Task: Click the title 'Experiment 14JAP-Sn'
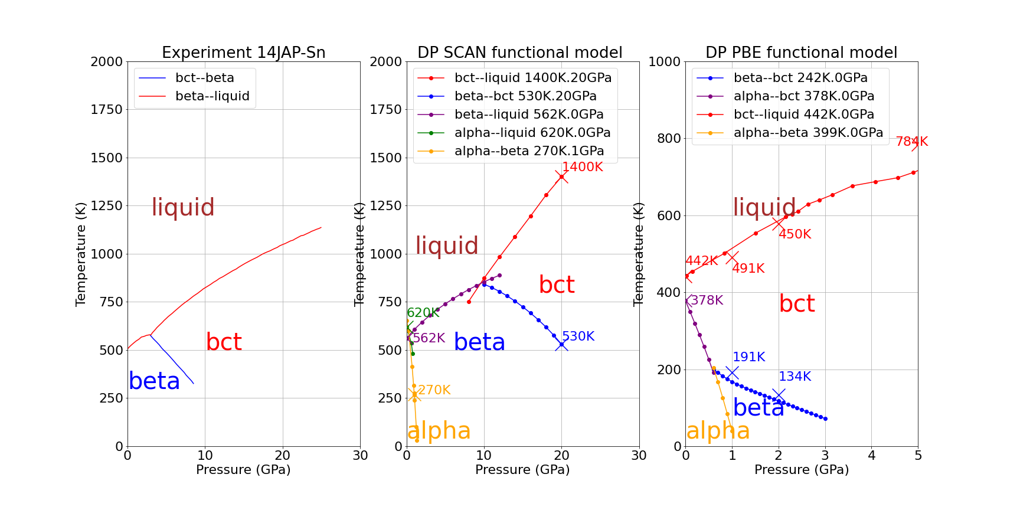click(x=243, y=53)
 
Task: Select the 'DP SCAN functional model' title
click(x=519, y=53)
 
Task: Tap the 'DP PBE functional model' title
click(x=801, y=53)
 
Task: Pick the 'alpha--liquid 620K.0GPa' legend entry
click(x=532, y=133)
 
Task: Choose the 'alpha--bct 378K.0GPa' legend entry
click(x=803, y=96)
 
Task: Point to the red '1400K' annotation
click(x=582, y=167)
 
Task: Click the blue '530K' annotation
click(x=578, y=336)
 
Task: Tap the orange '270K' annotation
click(x=434, y=390)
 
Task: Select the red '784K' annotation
click(x=911, y=142)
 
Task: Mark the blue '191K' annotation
click(x=748, y=357)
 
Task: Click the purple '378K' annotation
click(x=707, y=300)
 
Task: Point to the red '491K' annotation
click(x=748, y=269)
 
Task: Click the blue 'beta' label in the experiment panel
click(x=154, y=381)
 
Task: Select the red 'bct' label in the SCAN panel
click(x=556, y=285)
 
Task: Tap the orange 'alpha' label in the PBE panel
click(x=718, y=431)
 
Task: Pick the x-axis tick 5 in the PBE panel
click(x=918, y=456)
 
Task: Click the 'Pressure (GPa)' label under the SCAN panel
click(x=522, y=470)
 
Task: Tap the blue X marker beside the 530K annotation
click(x=561, y=344)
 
